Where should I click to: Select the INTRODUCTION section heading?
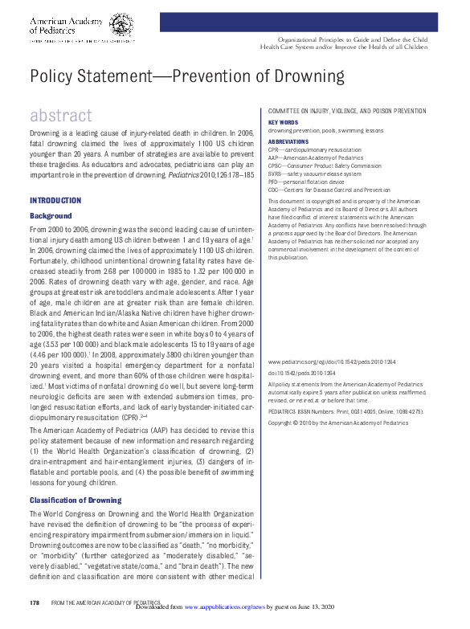[x=55, y=200]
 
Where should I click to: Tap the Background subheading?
[x=51, y=216]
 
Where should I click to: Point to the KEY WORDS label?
[x=283, y=122]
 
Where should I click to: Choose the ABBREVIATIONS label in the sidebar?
[x=289, y=141]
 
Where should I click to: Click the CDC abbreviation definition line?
[x=329, y=190]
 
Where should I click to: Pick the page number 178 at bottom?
[x=35, y=602]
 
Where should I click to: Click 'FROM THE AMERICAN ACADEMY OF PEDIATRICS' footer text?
[x=106, y=602]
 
